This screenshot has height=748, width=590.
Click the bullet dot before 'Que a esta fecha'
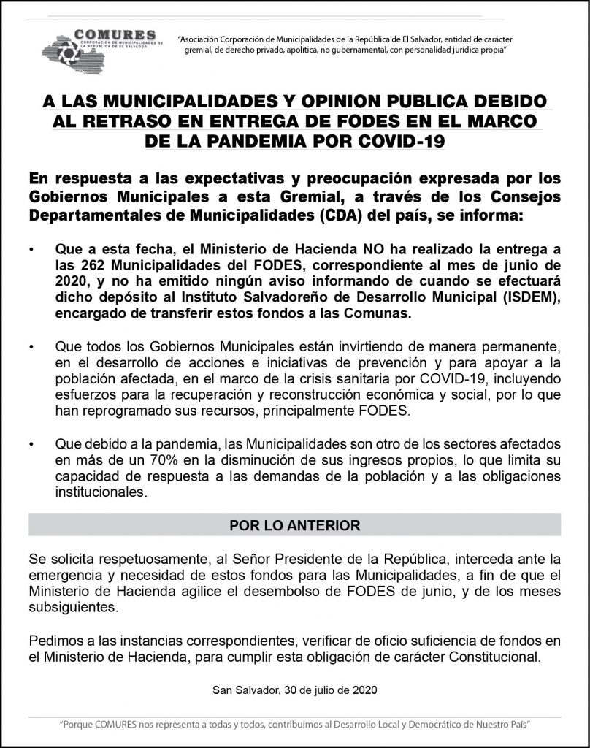pyautogui.click(x=31, y=251)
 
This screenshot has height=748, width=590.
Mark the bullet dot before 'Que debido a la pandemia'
pyautogui.click(x=31, y=445)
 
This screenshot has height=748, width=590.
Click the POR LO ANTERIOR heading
pyautogui.click(x=294, y=525)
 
